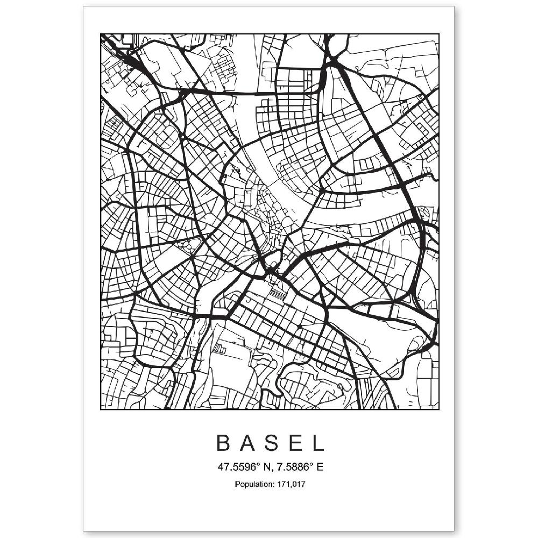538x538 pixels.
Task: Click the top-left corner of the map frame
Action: (101, 34)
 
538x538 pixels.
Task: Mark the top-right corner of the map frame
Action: (439, 34)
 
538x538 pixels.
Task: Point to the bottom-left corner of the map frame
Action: (101, 409)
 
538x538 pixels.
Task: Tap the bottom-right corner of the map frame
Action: (439, 409)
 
